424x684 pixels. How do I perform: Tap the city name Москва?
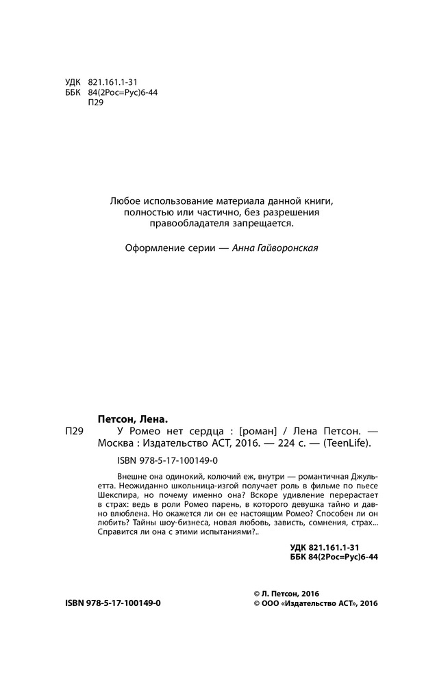pyautogui.click(x=116, y=443)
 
